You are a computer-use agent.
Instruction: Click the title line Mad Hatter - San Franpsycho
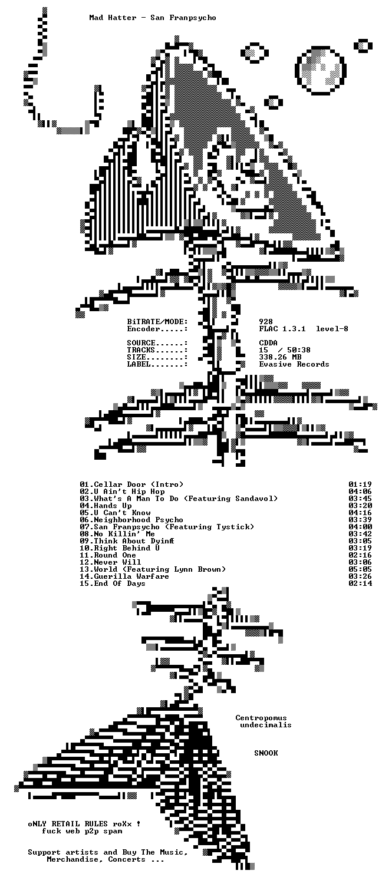click(153, 18)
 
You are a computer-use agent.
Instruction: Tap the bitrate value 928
click(266, 322)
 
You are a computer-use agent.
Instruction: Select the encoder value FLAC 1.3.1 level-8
click(304, 329)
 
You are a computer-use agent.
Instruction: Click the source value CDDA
click(268, 343)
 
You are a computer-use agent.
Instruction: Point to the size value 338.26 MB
click(280, 357)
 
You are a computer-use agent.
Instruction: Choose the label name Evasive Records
click(294, 364)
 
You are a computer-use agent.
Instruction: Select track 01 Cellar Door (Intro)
click(131, 484)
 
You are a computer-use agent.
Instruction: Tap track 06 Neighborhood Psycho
click(131, 520)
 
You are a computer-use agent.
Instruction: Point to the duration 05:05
click(360, 569)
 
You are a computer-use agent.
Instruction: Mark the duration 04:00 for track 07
click(360, 527)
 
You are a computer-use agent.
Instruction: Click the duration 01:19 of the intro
click(360, 484)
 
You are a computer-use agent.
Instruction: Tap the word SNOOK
click(266, 753)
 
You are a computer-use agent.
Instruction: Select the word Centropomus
click(261, 718)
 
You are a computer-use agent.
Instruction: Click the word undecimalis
click(266, 725)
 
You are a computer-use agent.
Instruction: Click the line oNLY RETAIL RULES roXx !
click(84, 824)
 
